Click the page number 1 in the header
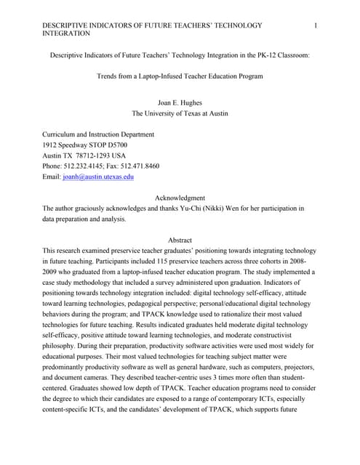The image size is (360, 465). point(315,25)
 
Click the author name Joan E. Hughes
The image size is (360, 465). point(180,103)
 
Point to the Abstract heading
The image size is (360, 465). point(180,240)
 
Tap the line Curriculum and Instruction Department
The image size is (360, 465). point(98,134)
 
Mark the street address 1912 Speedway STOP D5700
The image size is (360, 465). point(90,145)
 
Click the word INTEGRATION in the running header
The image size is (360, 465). point(67,33)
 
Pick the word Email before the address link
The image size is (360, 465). point(53,177)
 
